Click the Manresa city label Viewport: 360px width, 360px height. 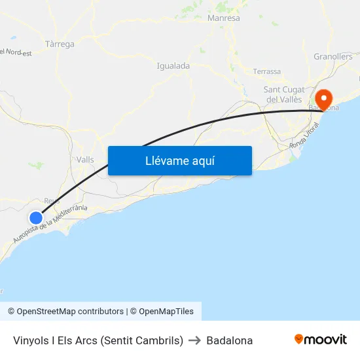coord(223,18)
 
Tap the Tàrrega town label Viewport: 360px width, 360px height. coord(60,45)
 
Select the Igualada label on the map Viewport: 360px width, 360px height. coord(173,66)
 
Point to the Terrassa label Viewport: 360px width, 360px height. coord(266,71)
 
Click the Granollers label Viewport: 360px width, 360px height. coord(333,57)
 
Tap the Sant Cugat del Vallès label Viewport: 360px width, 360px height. coord(283,94)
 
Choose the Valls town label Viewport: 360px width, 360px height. coord(85,160)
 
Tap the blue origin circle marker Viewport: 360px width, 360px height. coord(36,217)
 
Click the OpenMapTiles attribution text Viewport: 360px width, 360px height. coord(166,312)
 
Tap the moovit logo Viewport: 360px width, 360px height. coord(321,339)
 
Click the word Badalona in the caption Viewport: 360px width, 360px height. coord(229,340)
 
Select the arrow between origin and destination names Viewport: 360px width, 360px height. coord(194,340)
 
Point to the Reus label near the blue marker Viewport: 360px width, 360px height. coord(52,201)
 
